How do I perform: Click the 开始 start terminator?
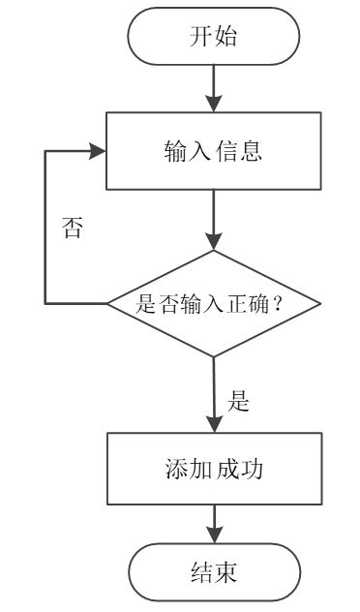(x=214, y=37)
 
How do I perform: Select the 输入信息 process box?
(x=214, y=151)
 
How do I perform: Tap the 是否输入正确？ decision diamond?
(x=214, y=304)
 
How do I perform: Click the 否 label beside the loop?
(x=72, y=230)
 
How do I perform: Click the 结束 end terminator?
(x=214, y=572)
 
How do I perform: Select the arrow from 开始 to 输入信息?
(x=214, y=89)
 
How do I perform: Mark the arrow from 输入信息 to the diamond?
(x=214, y=220)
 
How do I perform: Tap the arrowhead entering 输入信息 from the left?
(x=98, y=151)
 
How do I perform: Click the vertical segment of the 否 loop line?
(x=45, y=228)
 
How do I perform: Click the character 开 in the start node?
(x=201, y=38)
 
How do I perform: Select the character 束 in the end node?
(x=226, y=573)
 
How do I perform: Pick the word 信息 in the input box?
(x=239, y=152)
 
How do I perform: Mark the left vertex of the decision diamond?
(x=107, y=304)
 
